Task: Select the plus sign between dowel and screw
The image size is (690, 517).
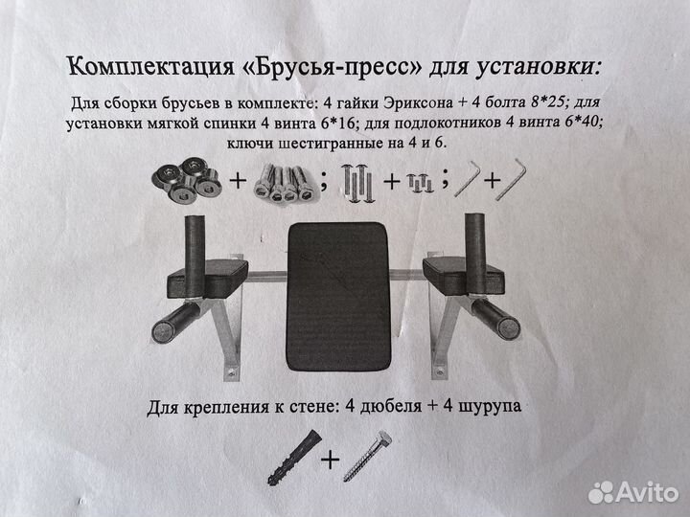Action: point(330,460)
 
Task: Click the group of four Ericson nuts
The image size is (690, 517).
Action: point(186,180)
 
